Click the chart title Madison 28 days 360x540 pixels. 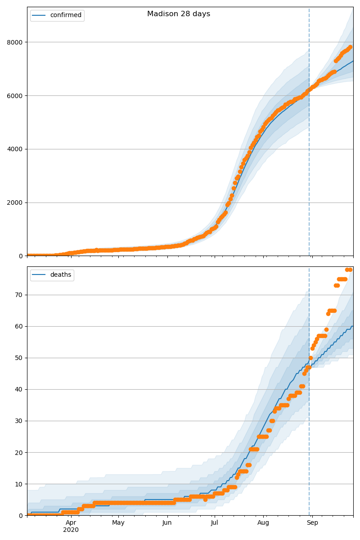pos(179,14)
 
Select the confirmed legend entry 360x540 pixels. pos(66,15)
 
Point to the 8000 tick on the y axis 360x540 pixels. pos(17,42)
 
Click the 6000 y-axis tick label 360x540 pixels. pos(17,96)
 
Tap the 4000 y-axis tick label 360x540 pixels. pos(17,149)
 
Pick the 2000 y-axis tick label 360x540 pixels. pos(17,202)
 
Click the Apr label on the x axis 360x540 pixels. pos(71,523)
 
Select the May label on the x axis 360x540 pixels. pos(118,523)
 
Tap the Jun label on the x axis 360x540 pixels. pos(167,523)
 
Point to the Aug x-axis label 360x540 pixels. pos(263,523)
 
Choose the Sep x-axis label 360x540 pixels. pos(312,523)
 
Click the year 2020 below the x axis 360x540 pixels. pos(71,530)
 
